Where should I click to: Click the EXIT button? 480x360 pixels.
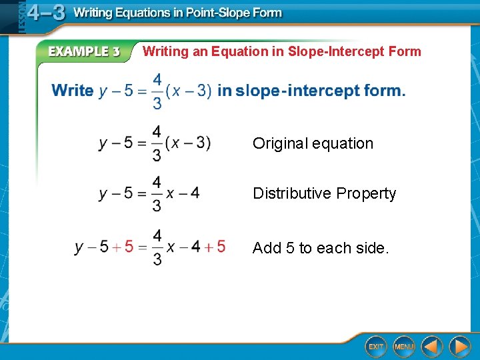(x=376, y=346)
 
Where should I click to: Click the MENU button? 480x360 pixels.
(x=403, y=346)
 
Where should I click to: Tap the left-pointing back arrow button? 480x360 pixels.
(x=432, y=346)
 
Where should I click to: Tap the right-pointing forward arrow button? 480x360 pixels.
(x=459, y=346)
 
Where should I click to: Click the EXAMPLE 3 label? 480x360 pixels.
(x=83, y=52)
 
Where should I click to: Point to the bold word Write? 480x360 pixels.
(x=72, y=91)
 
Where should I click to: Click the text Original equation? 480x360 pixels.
(x=313, y=143)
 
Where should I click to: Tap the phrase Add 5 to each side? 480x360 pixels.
(x=320, y=248)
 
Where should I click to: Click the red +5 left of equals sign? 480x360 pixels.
(x=123, y=247)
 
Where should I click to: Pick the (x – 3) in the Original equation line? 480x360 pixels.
(x=188, y=143)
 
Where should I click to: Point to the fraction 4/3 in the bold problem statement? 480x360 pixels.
(x=157, y=91)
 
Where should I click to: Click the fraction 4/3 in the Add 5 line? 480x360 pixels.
(x=157, y=247)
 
